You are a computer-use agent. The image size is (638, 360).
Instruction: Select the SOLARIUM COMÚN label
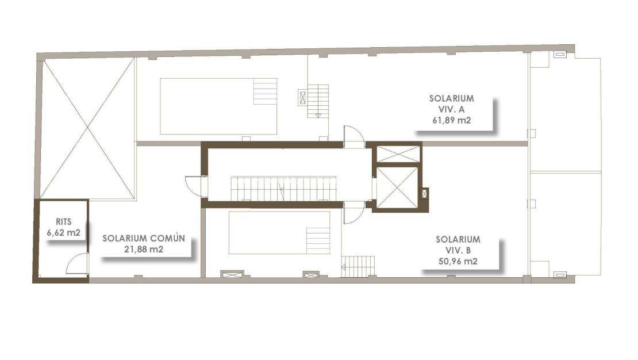pos(144,238)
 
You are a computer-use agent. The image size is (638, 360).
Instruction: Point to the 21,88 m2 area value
pos(144,250)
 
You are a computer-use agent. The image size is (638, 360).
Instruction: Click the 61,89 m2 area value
pos(451,120)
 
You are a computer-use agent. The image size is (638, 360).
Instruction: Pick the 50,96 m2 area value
pos(458,261)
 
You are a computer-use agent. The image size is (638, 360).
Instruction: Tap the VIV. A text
pos(451,109)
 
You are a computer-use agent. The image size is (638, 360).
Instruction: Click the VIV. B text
pos(458,250)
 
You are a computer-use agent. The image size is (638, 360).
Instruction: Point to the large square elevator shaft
pos(397,187)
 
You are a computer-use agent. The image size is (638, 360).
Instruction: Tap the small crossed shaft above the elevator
pos(397,154)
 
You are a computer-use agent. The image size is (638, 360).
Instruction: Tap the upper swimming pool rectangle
pos(218,106)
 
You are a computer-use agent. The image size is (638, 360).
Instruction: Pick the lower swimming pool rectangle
pos(279,232)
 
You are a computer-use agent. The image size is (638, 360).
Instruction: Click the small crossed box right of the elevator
pos(424,194)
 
